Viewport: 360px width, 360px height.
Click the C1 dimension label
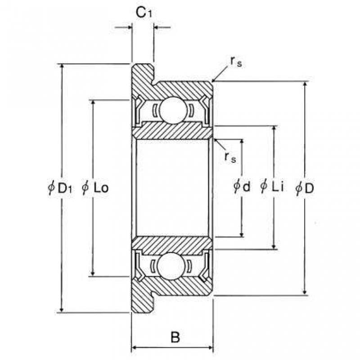pos(144,13)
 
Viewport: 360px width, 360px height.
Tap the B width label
pos(175,337)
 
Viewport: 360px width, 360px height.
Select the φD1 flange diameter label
pos(60,188)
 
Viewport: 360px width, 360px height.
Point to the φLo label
pos(95,188)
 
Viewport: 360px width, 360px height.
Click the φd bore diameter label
pos(242,186)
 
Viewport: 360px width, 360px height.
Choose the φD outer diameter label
pos(305,188)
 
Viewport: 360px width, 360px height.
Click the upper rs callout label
pos(236,62)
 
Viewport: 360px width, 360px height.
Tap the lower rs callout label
pos(230,157)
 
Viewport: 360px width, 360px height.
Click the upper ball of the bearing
pos(173,110)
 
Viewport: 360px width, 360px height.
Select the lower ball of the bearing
pos(171,266)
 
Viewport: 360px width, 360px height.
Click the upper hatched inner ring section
pos(173,131)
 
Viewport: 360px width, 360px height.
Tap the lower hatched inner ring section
pos(172,245)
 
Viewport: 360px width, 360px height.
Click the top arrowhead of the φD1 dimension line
pos(62,67)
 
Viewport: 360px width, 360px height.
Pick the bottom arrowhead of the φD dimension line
pos(305,292)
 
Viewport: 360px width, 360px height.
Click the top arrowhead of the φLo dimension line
pos(93,103)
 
